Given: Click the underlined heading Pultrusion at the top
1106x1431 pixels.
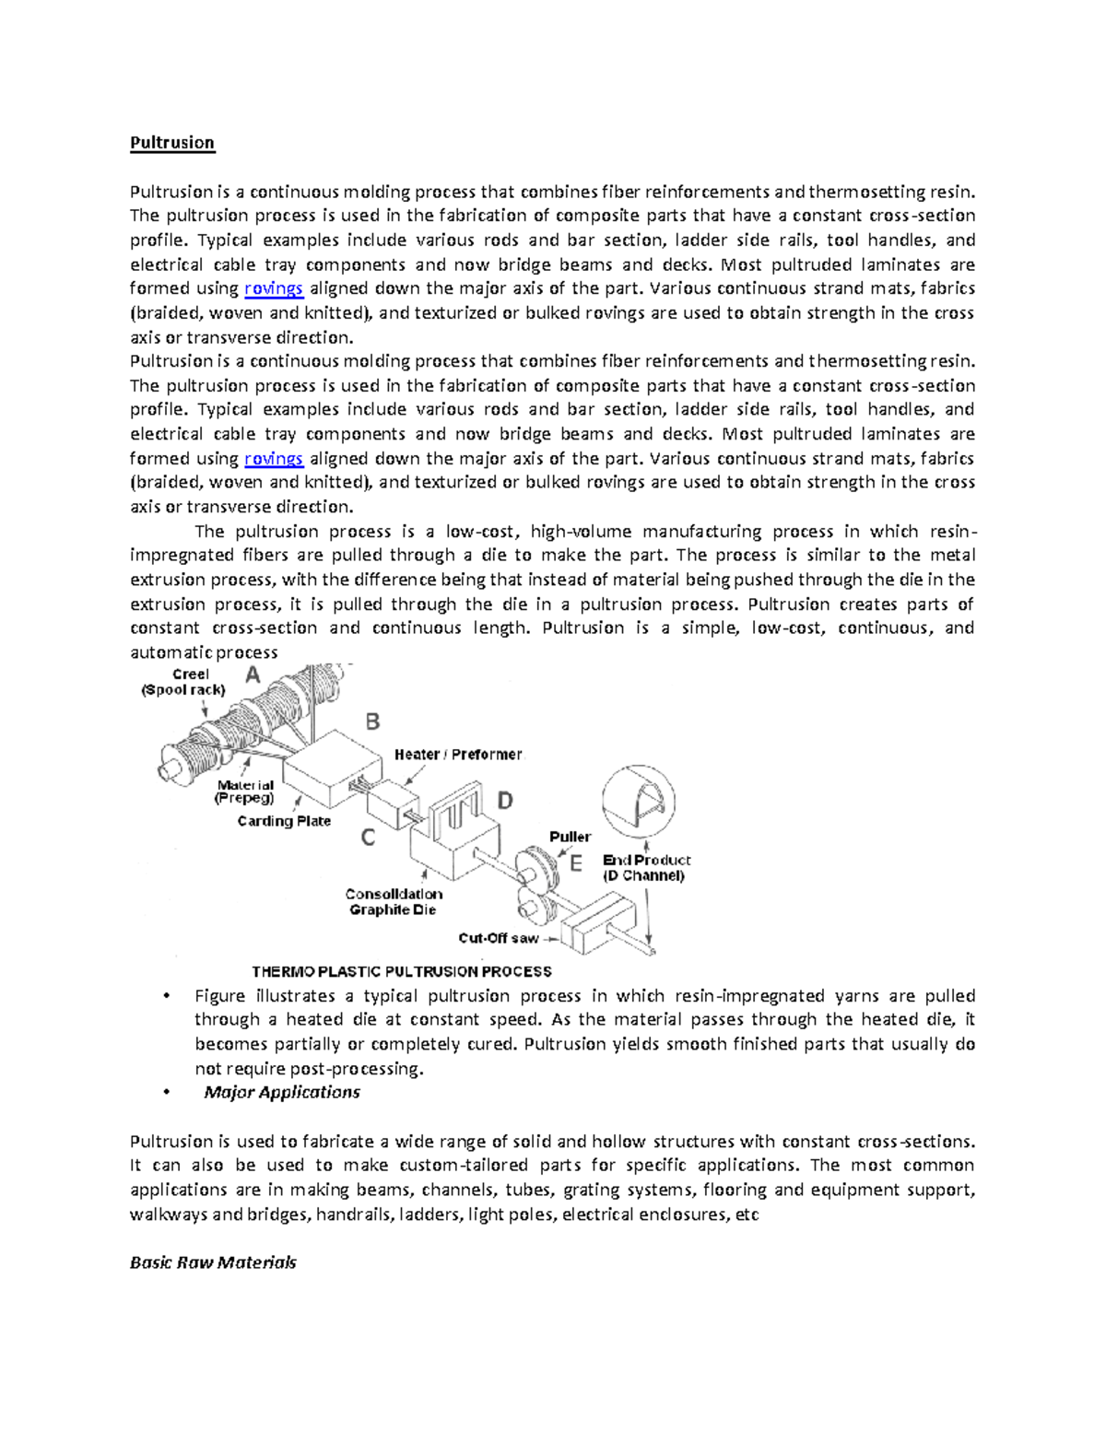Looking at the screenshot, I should point(172,143).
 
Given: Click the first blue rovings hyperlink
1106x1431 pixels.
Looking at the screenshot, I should point(274,288).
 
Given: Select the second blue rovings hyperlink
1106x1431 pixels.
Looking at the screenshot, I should point(274,459).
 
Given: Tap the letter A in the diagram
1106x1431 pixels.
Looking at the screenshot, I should point(252,677).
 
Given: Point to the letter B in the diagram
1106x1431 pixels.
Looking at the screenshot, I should point(372,721).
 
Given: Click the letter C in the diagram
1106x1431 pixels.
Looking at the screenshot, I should point(368,838).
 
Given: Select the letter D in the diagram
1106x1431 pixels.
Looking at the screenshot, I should point(505,801).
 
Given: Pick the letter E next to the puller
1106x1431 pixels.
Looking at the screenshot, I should point(576,863).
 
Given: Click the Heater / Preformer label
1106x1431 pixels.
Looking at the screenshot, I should point(458,755).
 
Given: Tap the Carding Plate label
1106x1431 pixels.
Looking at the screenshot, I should point(284,821).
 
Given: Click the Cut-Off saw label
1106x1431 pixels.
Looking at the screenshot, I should point(499,938).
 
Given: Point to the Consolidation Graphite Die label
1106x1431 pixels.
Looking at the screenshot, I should point(394,902).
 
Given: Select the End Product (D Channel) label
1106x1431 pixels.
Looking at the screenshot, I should point(646,868).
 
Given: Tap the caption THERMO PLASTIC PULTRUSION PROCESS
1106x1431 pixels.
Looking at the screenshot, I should point(402,971).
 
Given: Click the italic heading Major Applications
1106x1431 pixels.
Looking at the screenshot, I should point(281,1093).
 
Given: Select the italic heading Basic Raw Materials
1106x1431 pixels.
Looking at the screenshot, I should point(213,1262).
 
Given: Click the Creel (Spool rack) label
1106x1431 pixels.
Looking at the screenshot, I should point(183,682).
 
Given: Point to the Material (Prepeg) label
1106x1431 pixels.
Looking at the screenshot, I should point(245,792).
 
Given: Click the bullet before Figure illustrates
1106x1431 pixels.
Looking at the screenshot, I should point(166,996).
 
